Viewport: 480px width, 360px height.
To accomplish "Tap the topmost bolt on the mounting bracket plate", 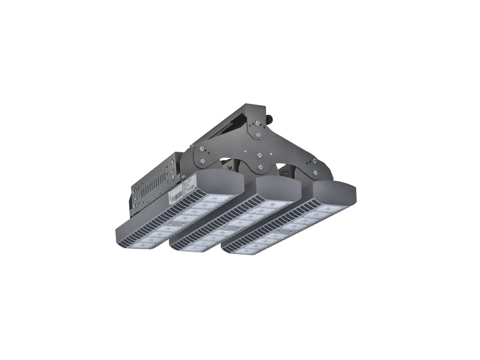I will (x=257, y=122).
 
